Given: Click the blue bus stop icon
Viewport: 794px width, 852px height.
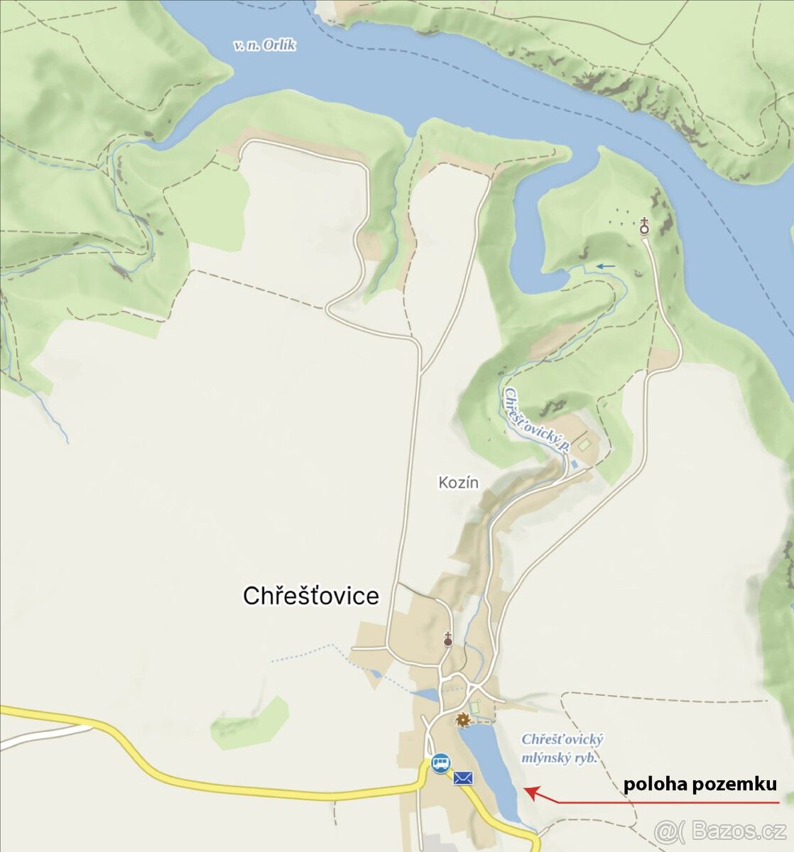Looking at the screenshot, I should pyautogui.click(x=440, y=763).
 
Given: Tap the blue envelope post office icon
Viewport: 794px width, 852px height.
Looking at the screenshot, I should pyautogui.click(x=463, y=778).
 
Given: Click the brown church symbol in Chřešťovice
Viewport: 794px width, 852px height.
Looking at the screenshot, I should pyautogui.click(x=448, y=639).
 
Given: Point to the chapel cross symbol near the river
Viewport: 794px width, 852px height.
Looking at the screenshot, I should pyautogui.click(x=644, y=226).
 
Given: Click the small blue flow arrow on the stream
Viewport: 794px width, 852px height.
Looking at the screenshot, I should pyautogui.click(x=605, y=266).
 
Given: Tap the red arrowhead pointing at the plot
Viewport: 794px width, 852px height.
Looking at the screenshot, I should pyautogui.click(x=530, y=792).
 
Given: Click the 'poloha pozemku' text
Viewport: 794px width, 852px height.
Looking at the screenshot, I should pyautogui.click(x=700, y=785).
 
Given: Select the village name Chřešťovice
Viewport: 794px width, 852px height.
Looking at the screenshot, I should pyautogui.click(x=311, y=596).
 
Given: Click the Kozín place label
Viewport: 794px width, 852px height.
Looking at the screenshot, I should pyautogui.click(x=458, y=483).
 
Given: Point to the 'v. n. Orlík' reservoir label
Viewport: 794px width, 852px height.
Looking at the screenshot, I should pyautogui.click(x=265, y=45).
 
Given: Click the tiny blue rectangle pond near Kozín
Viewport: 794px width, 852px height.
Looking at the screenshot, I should pyautogui.click(x=573, y=464).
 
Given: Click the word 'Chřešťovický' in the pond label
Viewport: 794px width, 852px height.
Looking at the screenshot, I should pyautogui.click(x=562, y=739).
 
